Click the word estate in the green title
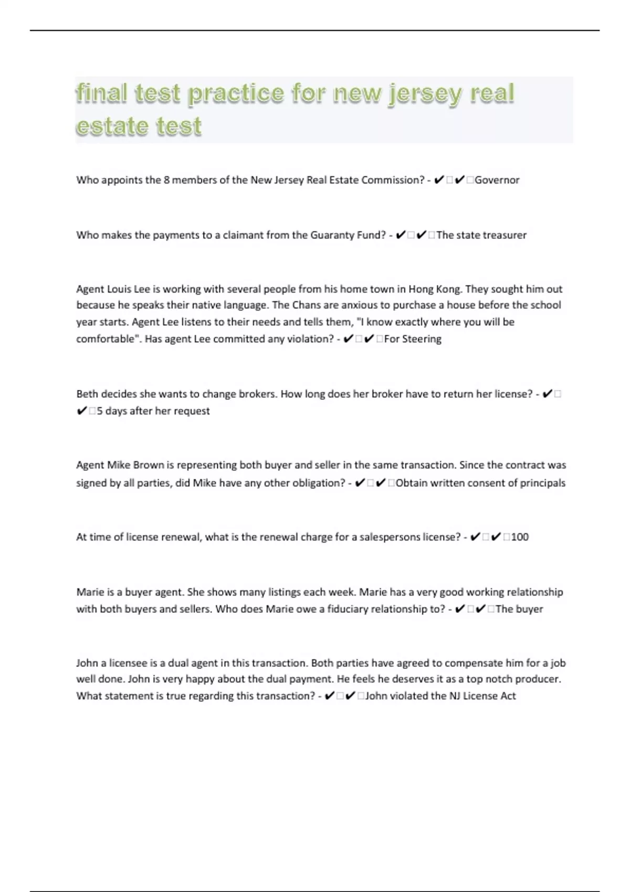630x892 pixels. point(108,127)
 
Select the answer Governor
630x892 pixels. point(497,180)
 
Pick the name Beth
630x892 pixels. point(87,394)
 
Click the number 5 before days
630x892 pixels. point(100,411)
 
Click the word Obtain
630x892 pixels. point(412,483)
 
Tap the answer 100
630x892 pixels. point(520,537)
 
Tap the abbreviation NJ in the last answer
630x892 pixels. point(454,696)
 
